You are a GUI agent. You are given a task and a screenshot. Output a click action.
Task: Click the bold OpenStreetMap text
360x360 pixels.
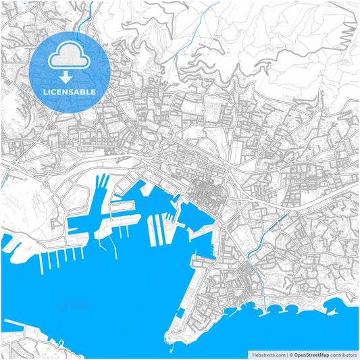[311, 354]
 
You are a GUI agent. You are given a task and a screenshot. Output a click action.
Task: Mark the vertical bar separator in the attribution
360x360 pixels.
[285, 354]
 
